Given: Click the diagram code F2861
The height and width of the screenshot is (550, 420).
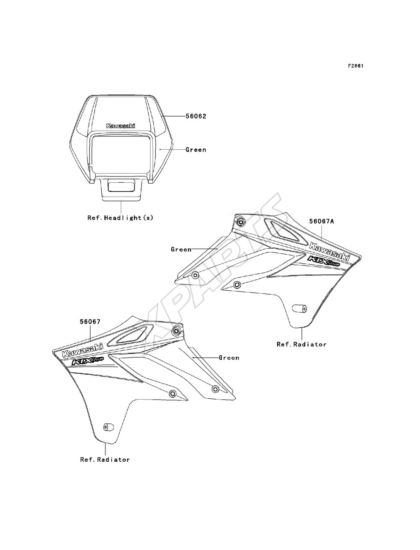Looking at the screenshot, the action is coord(355,66).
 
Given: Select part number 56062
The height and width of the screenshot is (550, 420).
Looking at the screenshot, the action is coord(196,116).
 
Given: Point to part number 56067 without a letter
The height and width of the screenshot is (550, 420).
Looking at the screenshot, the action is coord(90,321).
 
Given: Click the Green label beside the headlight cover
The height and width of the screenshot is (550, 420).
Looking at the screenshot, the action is coord(196,150).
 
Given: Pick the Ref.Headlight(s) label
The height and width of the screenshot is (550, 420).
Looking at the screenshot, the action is coord(120,218).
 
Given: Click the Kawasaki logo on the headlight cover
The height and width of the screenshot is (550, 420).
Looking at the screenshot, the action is coord(121,126).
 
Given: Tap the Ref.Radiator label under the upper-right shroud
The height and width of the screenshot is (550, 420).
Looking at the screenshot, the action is coord(302,344).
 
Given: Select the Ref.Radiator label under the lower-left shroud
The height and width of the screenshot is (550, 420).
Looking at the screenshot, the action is coord(105,460).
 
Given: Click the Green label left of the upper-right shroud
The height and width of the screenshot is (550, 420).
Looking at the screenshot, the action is coord(181,249).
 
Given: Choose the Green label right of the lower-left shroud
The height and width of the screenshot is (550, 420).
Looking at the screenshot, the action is coord(229,358).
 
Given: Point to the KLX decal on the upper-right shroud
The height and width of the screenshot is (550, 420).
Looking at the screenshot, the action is coord(324,261).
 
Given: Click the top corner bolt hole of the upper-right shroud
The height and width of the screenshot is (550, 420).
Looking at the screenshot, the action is coord(241,222).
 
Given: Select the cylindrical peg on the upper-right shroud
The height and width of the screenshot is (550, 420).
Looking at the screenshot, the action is coord(300,308).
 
